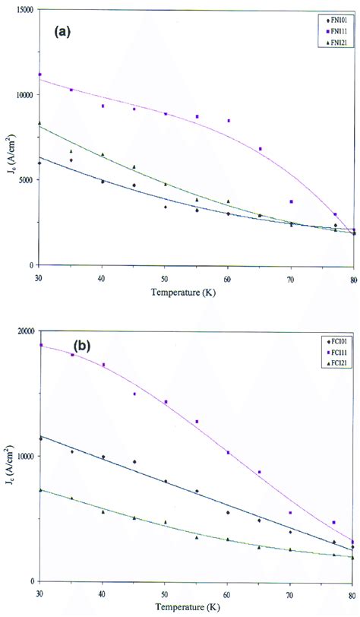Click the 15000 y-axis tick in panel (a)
point(24,10)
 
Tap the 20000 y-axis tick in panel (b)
point(24,331)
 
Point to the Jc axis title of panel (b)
point(9,457)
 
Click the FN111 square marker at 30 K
point(39,74)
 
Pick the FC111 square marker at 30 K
point(39,345)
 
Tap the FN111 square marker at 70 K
point(291,201)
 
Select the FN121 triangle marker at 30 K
point(39,123)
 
